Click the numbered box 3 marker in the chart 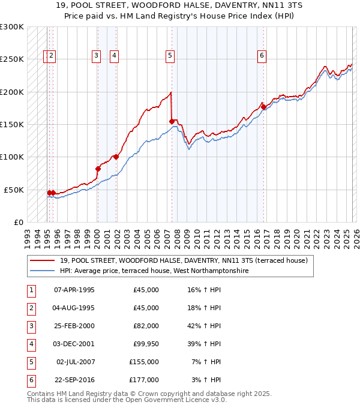pos(96,56)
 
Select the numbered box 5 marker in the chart pos(170,56)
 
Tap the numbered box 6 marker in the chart pos(262,56)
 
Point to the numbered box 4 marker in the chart pos(114,56)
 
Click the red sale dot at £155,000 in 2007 pos(172,122)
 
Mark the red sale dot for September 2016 pos(263,107)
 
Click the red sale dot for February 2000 pos(98,169)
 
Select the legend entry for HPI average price pos(154,271)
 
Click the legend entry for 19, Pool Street pos(183,260)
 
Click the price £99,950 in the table pos(145,344)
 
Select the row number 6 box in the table pos(30,380)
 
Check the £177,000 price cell pos(145,380)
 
